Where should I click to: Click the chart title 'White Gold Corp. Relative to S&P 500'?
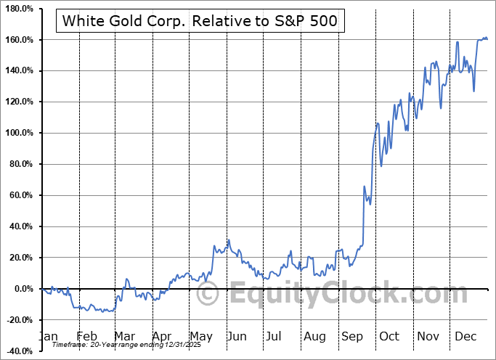(x=200, y=20)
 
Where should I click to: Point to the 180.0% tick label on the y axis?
(x=18, y=9)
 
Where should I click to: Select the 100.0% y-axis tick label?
(x=18, y=134)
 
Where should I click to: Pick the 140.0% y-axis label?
(x=18, y=71)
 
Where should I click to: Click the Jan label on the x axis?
(x=47, y=337)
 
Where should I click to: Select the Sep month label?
(x=352, y=337)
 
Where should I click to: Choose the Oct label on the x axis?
(x=390, y=337)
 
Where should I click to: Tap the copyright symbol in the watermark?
(x=209, y=294)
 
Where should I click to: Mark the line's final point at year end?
(x=487, y=39)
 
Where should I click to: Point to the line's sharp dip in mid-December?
(x=473, y=91)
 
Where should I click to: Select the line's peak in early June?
(x=228, y=240)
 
